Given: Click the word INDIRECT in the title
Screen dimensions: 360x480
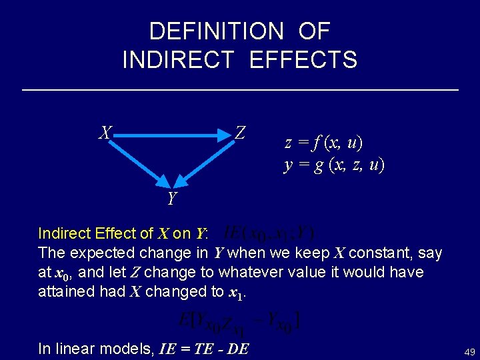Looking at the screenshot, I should [x=179, y=60].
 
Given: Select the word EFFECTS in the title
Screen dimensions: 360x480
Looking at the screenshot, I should [x=303, y=60].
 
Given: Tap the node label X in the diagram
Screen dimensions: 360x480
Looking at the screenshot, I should [x=104, y=133].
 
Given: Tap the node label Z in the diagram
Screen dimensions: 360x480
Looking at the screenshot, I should [x=240, y=133].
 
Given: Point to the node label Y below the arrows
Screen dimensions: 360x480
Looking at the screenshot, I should [x=172, y=199].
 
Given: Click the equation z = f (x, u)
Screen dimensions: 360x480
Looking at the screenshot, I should [x=324, y=143].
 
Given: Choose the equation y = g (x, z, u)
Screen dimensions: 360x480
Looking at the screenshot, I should [x=334, y=164].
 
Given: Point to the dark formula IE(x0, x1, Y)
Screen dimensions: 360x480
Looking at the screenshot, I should [x=269, y=233].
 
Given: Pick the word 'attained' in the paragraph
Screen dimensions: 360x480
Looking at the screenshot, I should [x=65, y=291].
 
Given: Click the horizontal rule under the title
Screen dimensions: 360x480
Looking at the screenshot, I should [x=240, y=89].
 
